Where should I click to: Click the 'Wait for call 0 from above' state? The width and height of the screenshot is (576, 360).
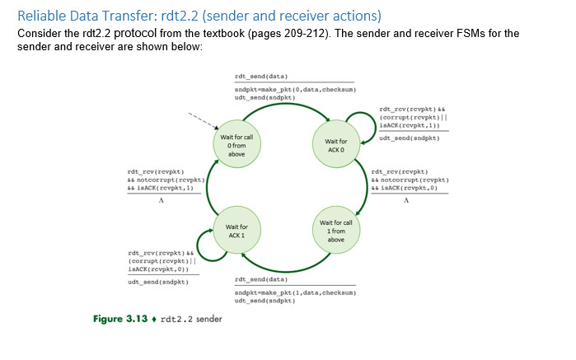click(x=236, y=144)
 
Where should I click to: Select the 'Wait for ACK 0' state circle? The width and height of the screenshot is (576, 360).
click(x=336, y=145)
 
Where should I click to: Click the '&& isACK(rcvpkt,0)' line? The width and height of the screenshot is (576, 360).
click(x=410, y=188)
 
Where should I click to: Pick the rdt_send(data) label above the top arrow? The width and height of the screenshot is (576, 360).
click(x=260, y=77)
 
